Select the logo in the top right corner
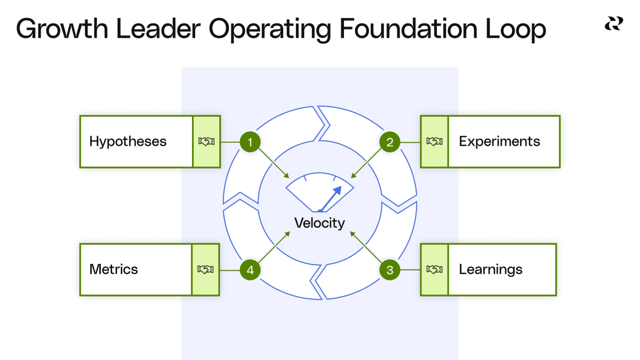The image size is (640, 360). pos(613,24)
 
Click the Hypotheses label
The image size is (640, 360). pos(128,142)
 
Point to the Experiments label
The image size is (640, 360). pos(499,142)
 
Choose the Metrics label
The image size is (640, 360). pos(114,269)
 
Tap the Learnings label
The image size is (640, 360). pos(491,269)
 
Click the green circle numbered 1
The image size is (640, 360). pos(250,142)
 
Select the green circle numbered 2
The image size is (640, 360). pos(390,142)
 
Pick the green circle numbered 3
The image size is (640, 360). pos(390,270)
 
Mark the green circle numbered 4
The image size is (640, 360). pos(250,270)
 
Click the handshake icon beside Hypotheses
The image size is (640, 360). pos(206,142)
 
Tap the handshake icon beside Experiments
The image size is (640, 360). pos(435,142)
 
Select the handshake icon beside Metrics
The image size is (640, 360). pos(206,269)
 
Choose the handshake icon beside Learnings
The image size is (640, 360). pos(435,269)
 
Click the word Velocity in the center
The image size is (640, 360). pos(320,223)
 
